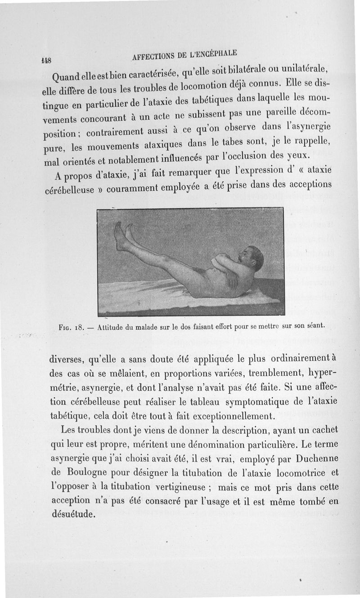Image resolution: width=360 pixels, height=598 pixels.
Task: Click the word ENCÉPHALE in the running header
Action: (215, 53)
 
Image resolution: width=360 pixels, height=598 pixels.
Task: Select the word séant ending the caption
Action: (314, 324)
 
